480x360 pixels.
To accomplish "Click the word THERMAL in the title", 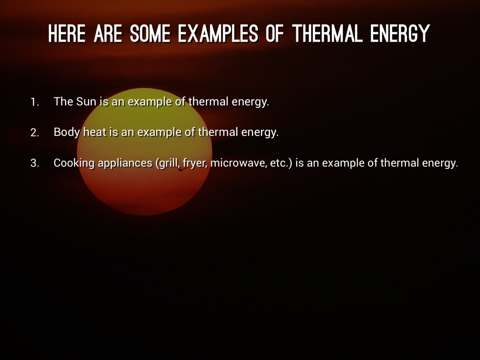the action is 327,33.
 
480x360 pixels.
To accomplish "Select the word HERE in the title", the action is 67,33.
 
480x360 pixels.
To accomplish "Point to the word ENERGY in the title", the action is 400,33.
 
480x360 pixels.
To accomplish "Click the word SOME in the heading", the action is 150,33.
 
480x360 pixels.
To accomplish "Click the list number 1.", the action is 35,102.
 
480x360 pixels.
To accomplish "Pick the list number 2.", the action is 35,133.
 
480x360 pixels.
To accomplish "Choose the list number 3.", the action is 35,163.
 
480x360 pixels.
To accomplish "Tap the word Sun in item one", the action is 86,102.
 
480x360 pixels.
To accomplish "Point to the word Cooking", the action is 74,163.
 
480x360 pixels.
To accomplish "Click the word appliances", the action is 125,163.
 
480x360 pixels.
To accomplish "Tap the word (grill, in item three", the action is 168,163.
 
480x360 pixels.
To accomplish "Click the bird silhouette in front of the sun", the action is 182,169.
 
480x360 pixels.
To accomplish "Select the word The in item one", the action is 63,102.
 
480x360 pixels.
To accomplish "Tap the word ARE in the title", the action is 108,33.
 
